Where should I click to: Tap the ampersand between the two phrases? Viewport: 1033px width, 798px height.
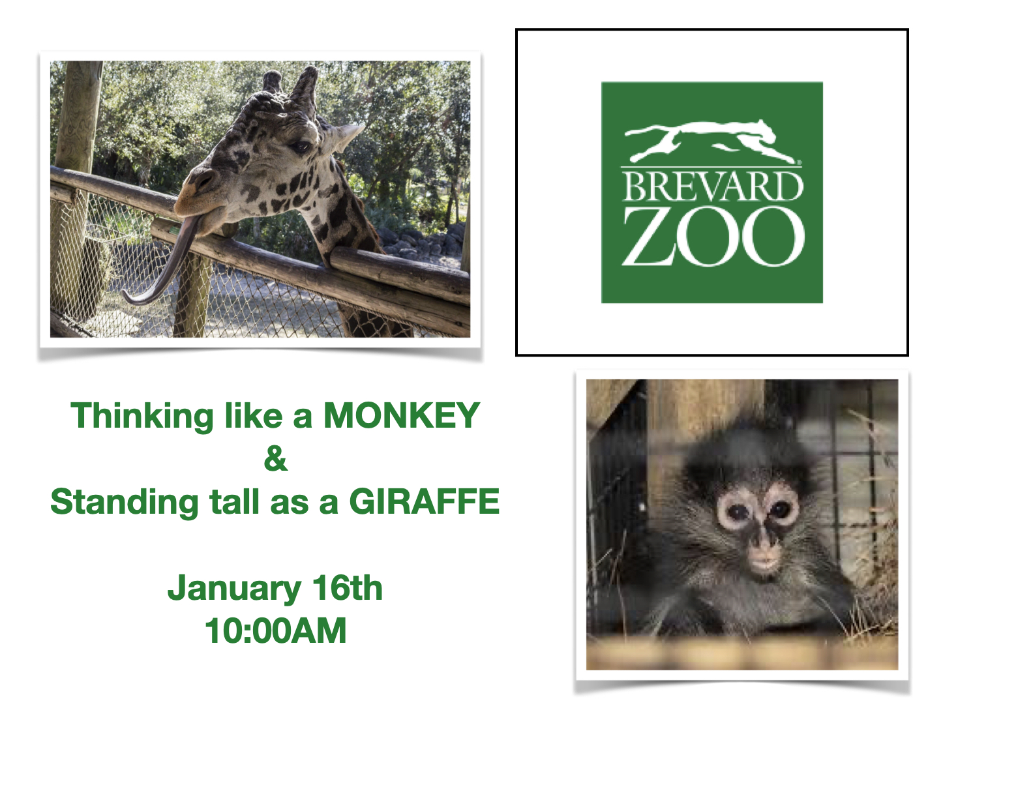[276, 458]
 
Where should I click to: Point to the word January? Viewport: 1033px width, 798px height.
[234, 589]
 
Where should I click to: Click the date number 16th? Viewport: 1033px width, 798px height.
[348, 587]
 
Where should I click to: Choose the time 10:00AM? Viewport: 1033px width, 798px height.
[276, 630]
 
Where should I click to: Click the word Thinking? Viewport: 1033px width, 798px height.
[142, 417]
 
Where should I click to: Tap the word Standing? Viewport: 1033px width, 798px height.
[125, 503]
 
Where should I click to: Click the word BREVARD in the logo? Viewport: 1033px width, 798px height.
[712, 186]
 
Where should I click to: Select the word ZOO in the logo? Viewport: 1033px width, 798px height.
[713, 236]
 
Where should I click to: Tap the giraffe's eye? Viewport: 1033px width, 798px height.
[301, 147]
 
